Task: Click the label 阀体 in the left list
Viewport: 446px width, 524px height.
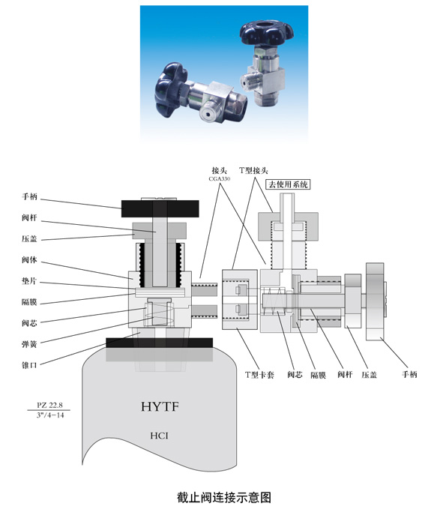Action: (x=29, y=260)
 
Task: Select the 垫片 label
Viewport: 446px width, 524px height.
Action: (x=29, y=281)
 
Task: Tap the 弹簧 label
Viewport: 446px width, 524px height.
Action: (x=29, y=344)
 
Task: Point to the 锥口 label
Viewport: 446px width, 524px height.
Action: (x=29, y=365)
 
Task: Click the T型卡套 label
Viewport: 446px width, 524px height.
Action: (x=259, y=375)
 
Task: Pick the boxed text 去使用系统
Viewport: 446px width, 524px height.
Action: (x=288, y=184)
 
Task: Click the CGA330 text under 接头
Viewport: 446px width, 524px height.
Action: (x=220, y=178)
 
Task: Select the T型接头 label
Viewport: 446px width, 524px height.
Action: (x=253, y=170)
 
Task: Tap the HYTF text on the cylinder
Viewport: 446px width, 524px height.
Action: (x=160, y=407)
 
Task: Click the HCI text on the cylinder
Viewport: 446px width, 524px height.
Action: (x=159, y=436)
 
